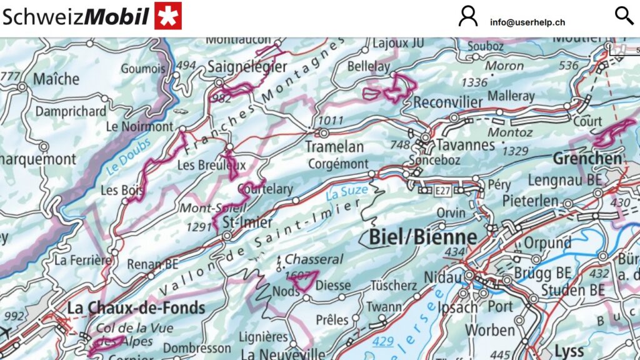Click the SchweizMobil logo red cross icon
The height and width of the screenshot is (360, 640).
(x=167, y=16)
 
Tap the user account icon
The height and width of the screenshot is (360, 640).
(x=468, y=16)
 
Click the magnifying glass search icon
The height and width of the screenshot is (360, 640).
(x=624, y=16)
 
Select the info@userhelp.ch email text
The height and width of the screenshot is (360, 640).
(x=527, y=22)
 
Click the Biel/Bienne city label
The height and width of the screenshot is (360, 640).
(x=422, y=237)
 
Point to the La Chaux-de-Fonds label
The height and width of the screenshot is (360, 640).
(x=136, y=307)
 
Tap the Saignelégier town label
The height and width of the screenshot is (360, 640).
(x=247, y=66)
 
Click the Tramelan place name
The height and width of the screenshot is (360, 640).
(x=334, y=147)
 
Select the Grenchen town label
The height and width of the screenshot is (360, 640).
(x=587, y=159)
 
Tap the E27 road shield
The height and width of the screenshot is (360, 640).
(x=443, y=189)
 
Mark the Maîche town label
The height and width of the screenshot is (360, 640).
(x=56, y=79)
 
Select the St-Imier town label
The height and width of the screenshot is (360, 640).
(x=247, y=222)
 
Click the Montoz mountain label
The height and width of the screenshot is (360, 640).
(x=510, y=132)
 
